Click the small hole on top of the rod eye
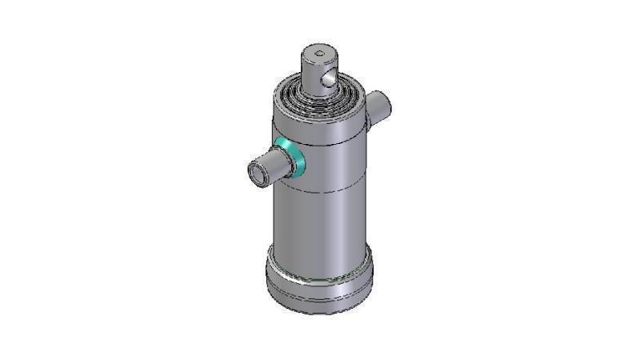pos(320,54)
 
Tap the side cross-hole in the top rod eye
pos(326,78)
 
